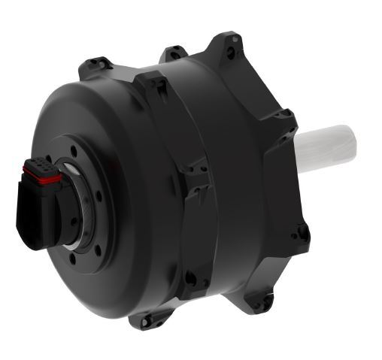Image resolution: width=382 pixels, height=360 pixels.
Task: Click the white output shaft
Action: tap(327, 149)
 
